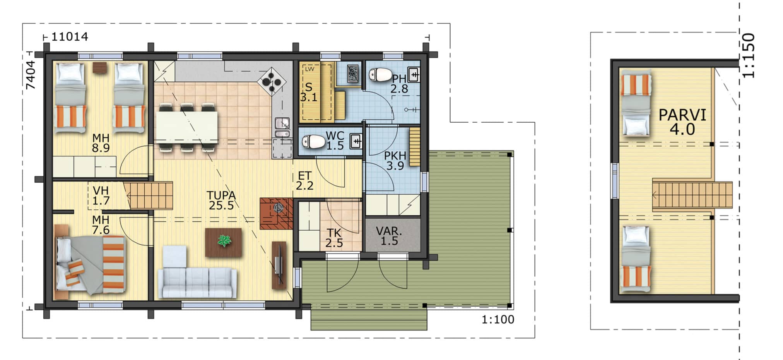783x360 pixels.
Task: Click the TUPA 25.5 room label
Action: (221, 201)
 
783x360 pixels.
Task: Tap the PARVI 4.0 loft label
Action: (682, 122)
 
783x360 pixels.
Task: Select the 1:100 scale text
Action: (498, 319)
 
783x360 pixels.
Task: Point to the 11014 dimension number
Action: (70, 37)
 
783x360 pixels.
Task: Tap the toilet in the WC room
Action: (313, 142)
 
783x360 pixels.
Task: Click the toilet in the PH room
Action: (380, 74)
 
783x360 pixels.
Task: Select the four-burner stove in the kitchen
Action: (272, 82)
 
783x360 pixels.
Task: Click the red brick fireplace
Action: (276, 213)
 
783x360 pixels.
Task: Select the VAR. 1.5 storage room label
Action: (389, 236)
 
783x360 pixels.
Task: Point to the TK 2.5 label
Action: (334, 238)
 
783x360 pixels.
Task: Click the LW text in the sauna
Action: (309, 69)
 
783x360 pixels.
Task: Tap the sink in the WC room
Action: (356, 141)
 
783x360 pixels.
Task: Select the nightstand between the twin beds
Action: (100, 68)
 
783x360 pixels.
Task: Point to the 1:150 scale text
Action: (749, 55)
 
